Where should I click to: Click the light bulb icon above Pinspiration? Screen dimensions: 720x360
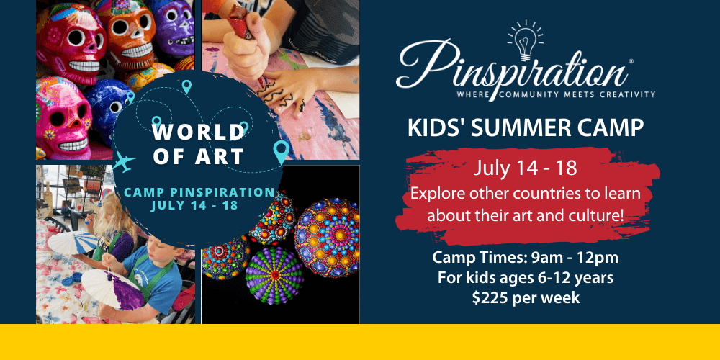coord(525,41)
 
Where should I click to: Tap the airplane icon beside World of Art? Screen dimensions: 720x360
coord(124,162)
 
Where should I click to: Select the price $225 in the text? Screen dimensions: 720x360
coord(491,297)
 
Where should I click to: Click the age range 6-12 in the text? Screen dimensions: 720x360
coord(549,277)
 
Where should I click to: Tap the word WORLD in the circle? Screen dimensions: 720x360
coord(199,133)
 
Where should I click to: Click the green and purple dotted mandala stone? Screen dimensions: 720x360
coord(274,275)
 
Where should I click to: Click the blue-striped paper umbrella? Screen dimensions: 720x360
coord(73,243)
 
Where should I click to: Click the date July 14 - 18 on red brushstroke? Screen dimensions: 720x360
coord(526,168)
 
